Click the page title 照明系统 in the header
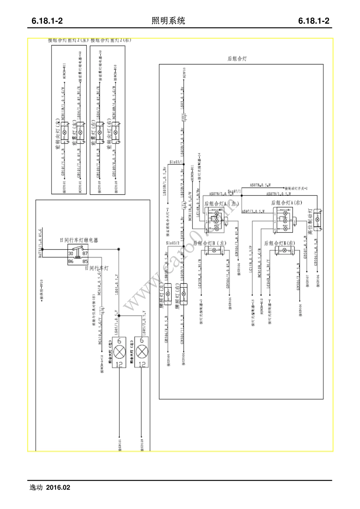click(168, 21)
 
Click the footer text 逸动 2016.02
click(50, 487)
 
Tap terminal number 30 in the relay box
click(71, 254)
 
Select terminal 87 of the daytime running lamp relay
click(85, 254)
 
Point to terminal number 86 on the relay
click(71, 261)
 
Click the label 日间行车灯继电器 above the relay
click(79, 240)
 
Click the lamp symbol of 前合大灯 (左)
click(120, 352)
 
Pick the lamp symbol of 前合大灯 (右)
click(142, 352)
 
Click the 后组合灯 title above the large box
click(237, 59)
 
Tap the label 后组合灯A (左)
click(222, 203)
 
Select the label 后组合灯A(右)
click(287, 203)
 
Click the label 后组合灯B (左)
click(210, 243)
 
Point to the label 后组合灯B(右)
click(280, 243)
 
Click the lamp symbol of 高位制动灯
click(318, 219)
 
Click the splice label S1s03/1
click(176, 162)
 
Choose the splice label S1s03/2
click(173, 243)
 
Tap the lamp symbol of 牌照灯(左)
click(168, 294)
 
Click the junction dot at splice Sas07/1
click(242, 196)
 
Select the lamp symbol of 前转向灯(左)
click(64, 132)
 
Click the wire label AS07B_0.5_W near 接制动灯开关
click(260, 186)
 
